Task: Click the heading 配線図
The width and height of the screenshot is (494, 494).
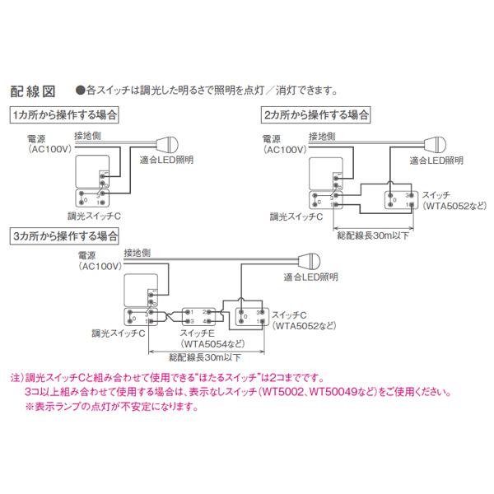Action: (x=32, y=90)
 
